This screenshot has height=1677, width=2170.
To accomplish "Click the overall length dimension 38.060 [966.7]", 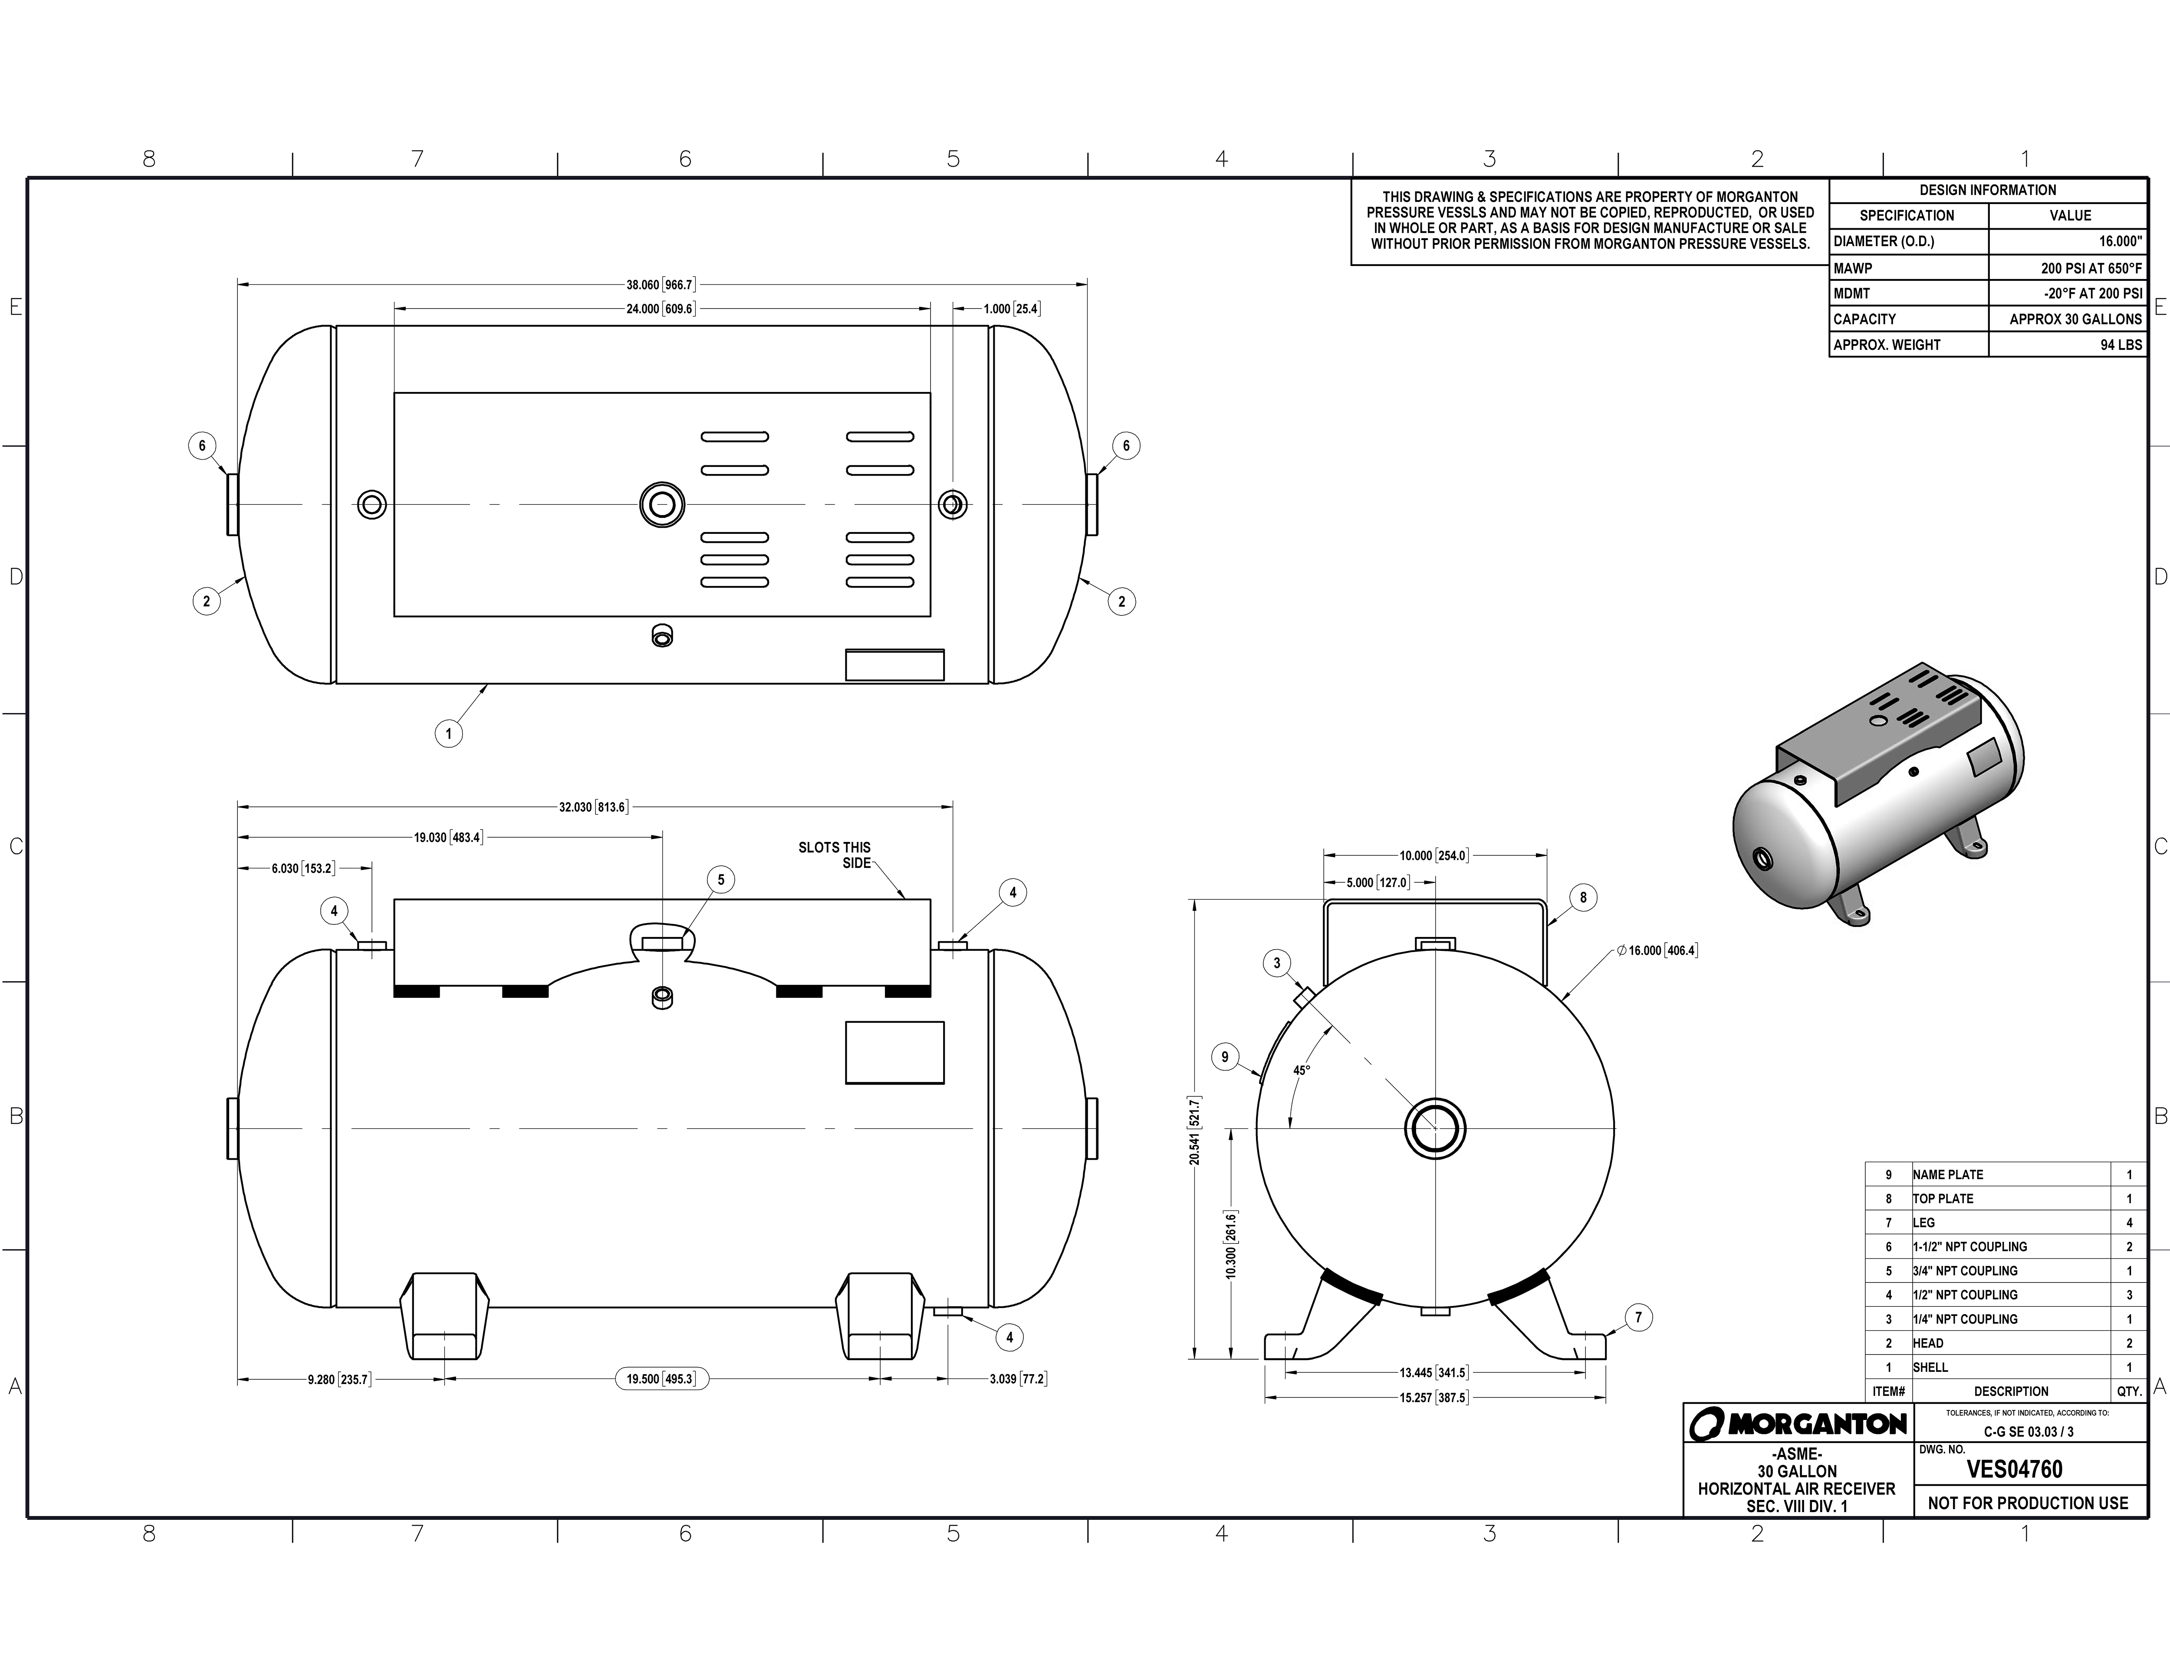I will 660,285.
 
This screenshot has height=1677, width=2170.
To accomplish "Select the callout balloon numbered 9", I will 1225,1057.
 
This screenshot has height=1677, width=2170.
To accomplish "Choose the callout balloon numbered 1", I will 448,734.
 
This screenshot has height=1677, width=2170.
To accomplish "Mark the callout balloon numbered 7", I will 1638,1319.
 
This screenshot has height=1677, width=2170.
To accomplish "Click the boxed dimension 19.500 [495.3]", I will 660,1379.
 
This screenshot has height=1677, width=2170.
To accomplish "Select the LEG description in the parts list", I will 1923,1223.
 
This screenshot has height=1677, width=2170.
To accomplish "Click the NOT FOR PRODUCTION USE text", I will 2028,1503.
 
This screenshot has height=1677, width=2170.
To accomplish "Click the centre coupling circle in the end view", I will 1435,1128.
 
